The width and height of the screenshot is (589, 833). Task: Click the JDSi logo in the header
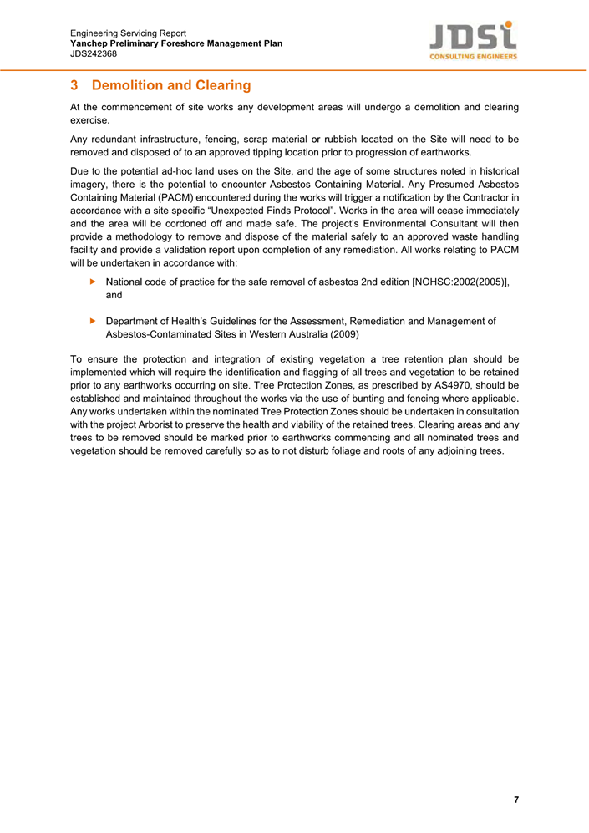[x=473, y=40]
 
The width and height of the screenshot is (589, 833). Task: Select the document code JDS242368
[x=94, y=53]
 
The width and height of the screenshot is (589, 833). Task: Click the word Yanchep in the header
[x=89, y=43]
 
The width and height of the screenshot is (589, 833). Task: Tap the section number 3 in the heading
[x=74, y=86]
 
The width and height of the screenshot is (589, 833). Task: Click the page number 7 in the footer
[x=516, y=800]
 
